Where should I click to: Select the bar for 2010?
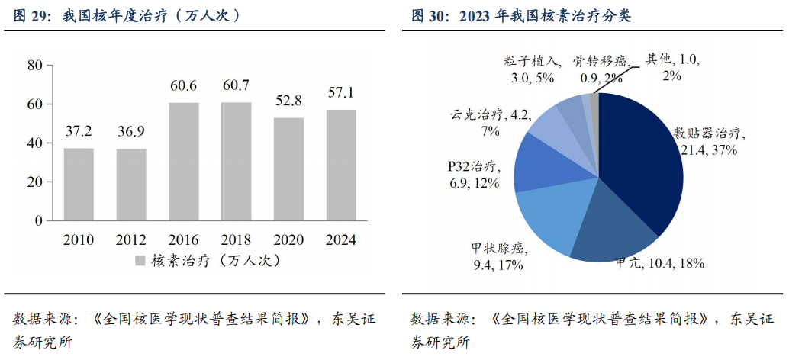[79, 184]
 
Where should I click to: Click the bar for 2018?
[236, 161]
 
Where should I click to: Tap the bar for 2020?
[288, 169]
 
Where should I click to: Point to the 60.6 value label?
[183, 85]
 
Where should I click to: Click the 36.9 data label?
[131, 131]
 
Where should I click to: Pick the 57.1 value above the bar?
[341, 92]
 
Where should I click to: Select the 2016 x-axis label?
[183, 240]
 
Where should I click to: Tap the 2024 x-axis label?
[341, 240]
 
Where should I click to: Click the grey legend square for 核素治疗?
[140, 261]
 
